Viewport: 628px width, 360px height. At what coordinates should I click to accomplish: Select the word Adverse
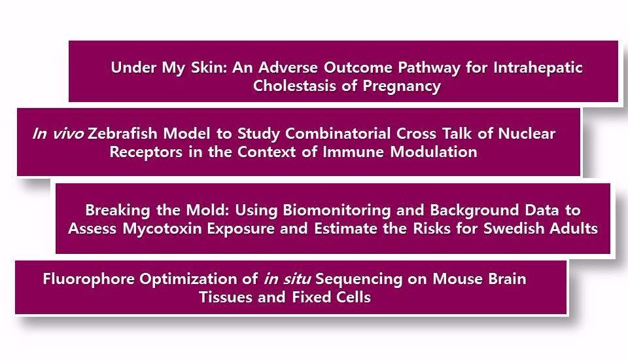point(288,67)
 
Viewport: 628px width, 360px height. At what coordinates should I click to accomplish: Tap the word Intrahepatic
point(538,68)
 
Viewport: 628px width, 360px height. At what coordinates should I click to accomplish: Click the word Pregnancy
point(402,86)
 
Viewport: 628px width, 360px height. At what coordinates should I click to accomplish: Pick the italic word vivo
point(68,134)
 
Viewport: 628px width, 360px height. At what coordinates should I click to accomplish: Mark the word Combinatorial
point(338,134)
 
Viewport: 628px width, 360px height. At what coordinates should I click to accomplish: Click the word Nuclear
point(527,134)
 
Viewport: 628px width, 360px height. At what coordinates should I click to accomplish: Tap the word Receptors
point(146,153)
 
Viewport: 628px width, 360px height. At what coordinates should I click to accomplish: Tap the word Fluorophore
point(88,279)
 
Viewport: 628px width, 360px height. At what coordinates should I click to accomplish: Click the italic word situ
point(297,279)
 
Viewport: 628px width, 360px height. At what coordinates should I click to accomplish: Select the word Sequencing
point(359,279)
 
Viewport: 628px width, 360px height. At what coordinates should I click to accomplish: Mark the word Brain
point(507,279)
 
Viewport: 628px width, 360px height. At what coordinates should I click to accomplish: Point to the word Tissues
point(226,297)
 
